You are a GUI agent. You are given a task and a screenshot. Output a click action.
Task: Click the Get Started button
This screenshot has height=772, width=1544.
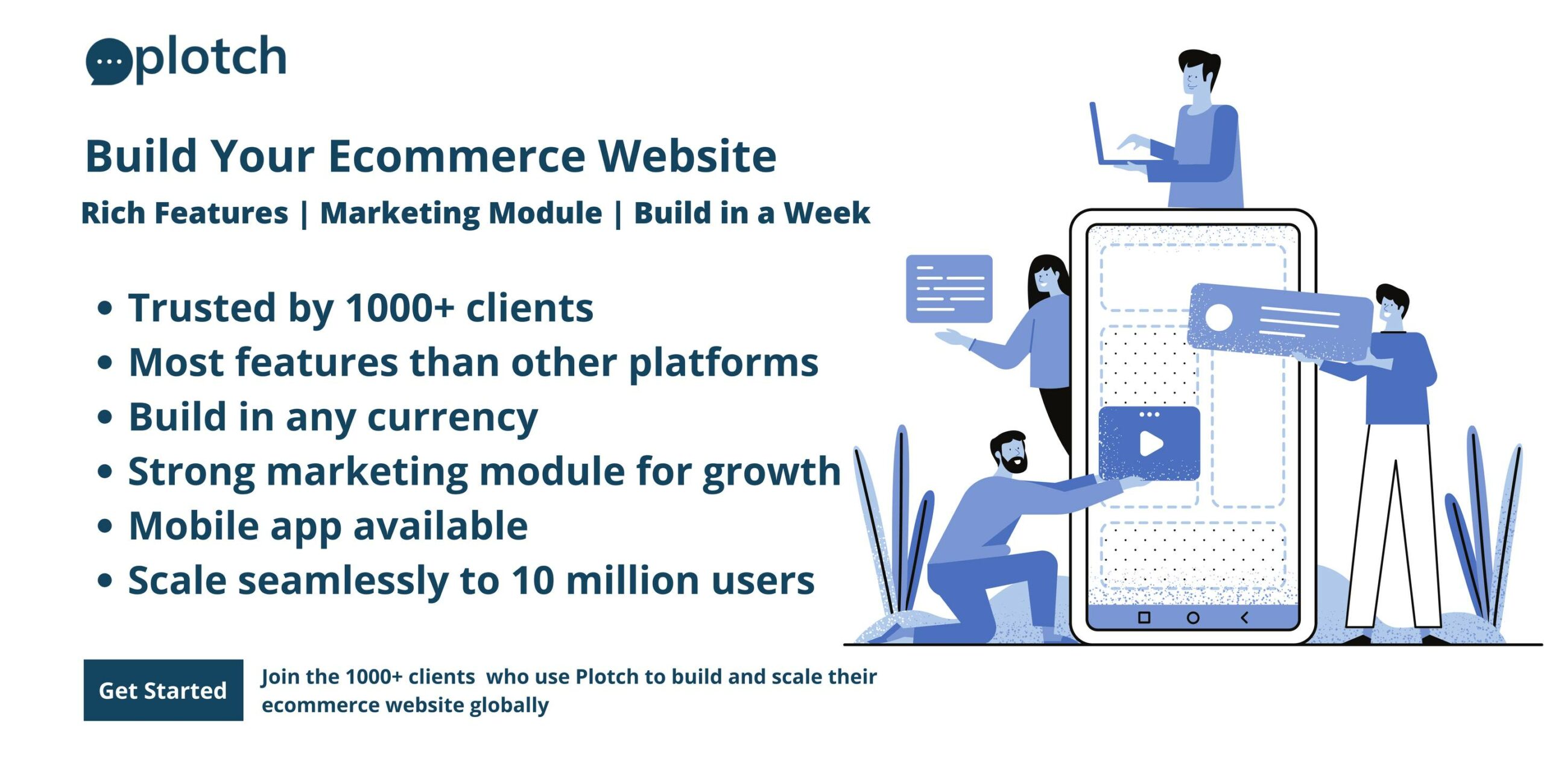(163, 690)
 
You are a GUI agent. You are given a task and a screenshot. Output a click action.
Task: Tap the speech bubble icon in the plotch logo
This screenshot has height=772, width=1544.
(109, 62)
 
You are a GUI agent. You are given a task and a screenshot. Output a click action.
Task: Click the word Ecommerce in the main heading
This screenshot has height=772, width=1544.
(457, 156)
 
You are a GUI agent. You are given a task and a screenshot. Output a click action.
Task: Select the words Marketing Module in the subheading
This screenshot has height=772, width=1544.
(461, 213)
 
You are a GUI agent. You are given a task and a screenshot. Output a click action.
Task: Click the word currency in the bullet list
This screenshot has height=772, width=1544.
(452, 418)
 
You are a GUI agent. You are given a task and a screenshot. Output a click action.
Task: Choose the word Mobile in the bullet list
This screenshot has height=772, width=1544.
(194, 525)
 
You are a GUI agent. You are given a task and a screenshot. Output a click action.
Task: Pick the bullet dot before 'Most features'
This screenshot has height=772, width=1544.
(105, 362)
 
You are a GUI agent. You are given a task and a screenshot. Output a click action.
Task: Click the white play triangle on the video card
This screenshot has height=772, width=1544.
(1151, 444)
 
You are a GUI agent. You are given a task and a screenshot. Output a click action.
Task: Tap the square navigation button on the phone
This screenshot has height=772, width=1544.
(1144, 618)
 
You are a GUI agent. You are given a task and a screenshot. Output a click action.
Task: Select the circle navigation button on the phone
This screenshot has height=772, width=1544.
(1193, 618)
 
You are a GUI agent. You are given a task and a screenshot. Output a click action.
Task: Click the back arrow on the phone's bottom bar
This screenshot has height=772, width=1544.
(1244, 618)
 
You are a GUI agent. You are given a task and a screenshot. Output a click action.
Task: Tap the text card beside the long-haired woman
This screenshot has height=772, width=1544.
(949, 288)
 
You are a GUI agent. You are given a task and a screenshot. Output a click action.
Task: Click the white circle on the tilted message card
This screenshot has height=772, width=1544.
(1218, 317)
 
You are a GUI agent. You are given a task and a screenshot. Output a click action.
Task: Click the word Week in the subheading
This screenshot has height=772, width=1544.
(826, 213)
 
